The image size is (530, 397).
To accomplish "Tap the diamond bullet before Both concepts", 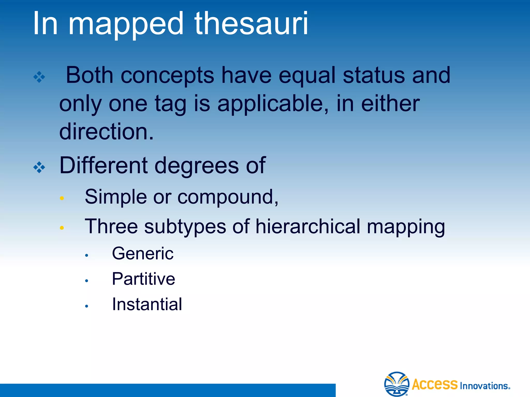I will pyautogui.click(x=39, y=77).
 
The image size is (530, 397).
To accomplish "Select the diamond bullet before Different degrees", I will pyautogui.click(x=39, y=167).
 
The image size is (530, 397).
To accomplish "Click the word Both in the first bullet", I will pyautogui.click(x=90, y=75).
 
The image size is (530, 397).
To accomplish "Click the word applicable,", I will pyautogui.click(x=273, y=104).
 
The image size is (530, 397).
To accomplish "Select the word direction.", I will pyautogui.click(x=106, y=132).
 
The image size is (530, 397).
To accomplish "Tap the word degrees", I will pyautogui.click(x=197, y=166).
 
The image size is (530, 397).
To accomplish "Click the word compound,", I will pyautogui.click(x=228, y=197).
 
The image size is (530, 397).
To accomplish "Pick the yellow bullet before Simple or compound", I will pyautogui.click(x=62, y=198).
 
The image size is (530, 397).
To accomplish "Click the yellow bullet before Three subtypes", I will pyautogui.click(x=62, y=228).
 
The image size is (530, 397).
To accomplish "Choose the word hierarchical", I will pyautogui.click(x=308, y=226).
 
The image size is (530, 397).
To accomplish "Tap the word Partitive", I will pyautogui.click(x=143, y=279).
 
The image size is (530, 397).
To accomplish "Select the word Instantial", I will pyautogui.click(x=147, y=304).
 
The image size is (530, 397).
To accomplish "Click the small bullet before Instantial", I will pyautogui.click(x=87, y=306).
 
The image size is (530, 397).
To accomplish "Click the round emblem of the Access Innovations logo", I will pyautogui.click(x=396, y=384).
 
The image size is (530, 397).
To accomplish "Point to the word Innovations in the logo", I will pyautogui.click(x=484, y=386).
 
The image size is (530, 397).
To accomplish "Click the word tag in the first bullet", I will pyautogui.click(x=171, y=104).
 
